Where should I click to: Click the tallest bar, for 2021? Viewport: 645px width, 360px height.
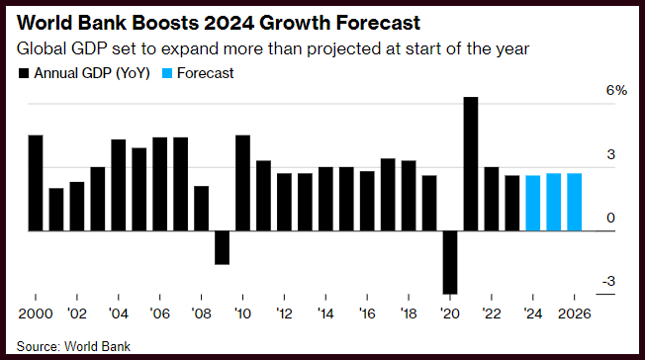click(x=471, y=164)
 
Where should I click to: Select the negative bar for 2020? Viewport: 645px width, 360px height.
click(x=450, y=262)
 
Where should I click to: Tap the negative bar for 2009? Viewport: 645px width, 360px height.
click(x=223, y=247)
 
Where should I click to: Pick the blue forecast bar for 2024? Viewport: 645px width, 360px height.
click(x=533, y=204)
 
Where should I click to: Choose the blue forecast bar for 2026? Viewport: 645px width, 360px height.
click(x=574, y=202)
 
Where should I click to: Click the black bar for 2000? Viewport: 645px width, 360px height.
click(x=36, y=183)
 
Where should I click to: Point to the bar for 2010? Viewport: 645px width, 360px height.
click(x=242, y=183)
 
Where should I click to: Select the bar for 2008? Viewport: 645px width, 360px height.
click(x=201, y=209)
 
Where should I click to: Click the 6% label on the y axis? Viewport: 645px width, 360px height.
click(x=616, y=91)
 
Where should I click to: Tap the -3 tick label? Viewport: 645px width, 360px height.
click(x=608, y=282)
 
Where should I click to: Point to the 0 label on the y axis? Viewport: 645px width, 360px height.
click(x=610, y=218)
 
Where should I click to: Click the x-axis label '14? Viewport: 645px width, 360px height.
click(x=325, y=314)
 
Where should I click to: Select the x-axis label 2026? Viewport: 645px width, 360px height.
click(x=574, y=314)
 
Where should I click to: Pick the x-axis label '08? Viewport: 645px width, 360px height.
click(x=201, y=314)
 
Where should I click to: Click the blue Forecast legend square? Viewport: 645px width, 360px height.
click(x=167, y=73)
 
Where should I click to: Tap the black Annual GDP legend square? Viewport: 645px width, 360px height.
click(x=24, y=73)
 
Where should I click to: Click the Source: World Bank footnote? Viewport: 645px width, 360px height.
click(x=73, y=346)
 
